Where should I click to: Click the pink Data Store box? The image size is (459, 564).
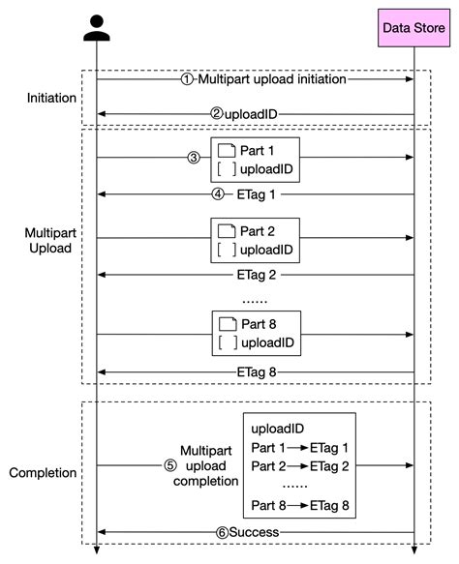[x=413, y=29]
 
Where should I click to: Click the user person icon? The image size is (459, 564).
[x=97, y=28]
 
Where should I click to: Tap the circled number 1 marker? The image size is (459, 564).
[x=188, y=80]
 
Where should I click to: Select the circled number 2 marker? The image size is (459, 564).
[x=217, y=113]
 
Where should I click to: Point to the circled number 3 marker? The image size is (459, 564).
[x=193, y=158]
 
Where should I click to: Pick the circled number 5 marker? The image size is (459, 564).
[x=168, y=464]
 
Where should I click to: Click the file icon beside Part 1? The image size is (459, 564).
[x=227, y=151]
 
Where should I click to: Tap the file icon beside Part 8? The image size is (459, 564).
[x=227, y=324]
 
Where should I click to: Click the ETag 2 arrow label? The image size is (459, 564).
[x=256, y=275]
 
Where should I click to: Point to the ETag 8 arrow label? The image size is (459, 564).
[x=256, y=371]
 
